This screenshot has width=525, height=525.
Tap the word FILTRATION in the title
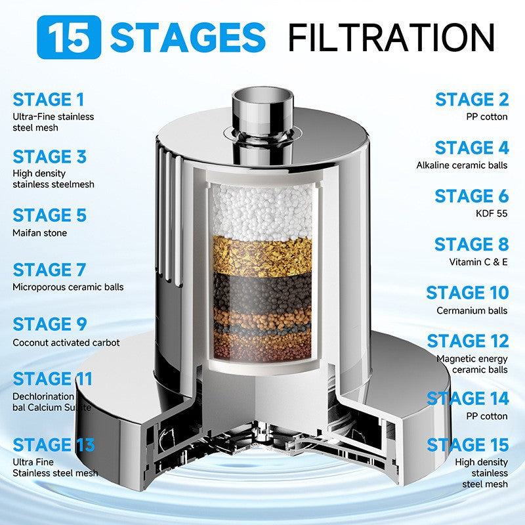click(391, 37)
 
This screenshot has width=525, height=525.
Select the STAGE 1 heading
click(49, 100)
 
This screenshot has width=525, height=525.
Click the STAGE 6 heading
click(471, 196)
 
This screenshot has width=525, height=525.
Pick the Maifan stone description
click(39, 233)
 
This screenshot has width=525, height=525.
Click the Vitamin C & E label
click(478, 261)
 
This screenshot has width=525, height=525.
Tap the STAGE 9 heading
click(50, 325)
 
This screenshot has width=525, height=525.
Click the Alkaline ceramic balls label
click(462, 165)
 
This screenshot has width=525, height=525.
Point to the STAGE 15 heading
click(467, 445)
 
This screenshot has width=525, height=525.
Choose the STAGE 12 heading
click(467, 341)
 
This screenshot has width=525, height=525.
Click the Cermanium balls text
click(472, 310)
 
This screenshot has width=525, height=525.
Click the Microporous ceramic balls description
click(68, 287)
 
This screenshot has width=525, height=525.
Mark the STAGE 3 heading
click(50, 157)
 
